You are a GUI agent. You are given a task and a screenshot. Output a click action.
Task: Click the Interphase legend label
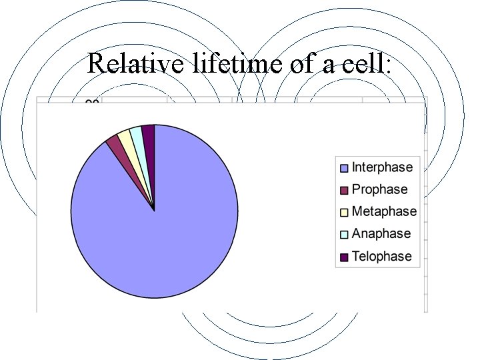click(382, 167)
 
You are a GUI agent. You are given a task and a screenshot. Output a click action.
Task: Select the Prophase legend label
click(379, 189)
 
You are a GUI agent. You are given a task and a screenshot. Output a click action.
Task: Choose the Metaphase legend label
click(384, 211)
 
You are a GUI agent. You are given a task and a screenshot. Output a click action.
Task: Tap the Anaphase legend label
click(381, 233)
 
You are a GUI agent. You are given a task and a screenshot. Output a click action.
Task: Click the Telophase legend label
click(382, 256)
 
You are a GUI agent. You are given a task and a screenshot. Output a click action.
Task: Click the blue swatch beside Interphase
click(344, 168)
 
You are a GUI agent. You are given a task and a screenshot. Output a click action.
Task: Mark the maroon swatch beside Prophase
click(344, 190)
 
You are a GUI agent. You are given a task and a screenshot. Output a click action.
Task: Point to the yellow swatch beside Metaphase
click(344, 212)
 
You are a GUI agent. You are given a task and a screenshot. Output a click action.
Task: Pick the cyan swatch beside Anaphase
click(344, 234)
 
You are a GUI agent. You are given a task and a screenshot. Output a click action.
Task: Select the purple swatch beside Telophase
click(344, 257)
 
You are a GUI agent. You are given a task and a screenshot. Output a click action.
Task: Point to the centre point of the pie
click(155, 211)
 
